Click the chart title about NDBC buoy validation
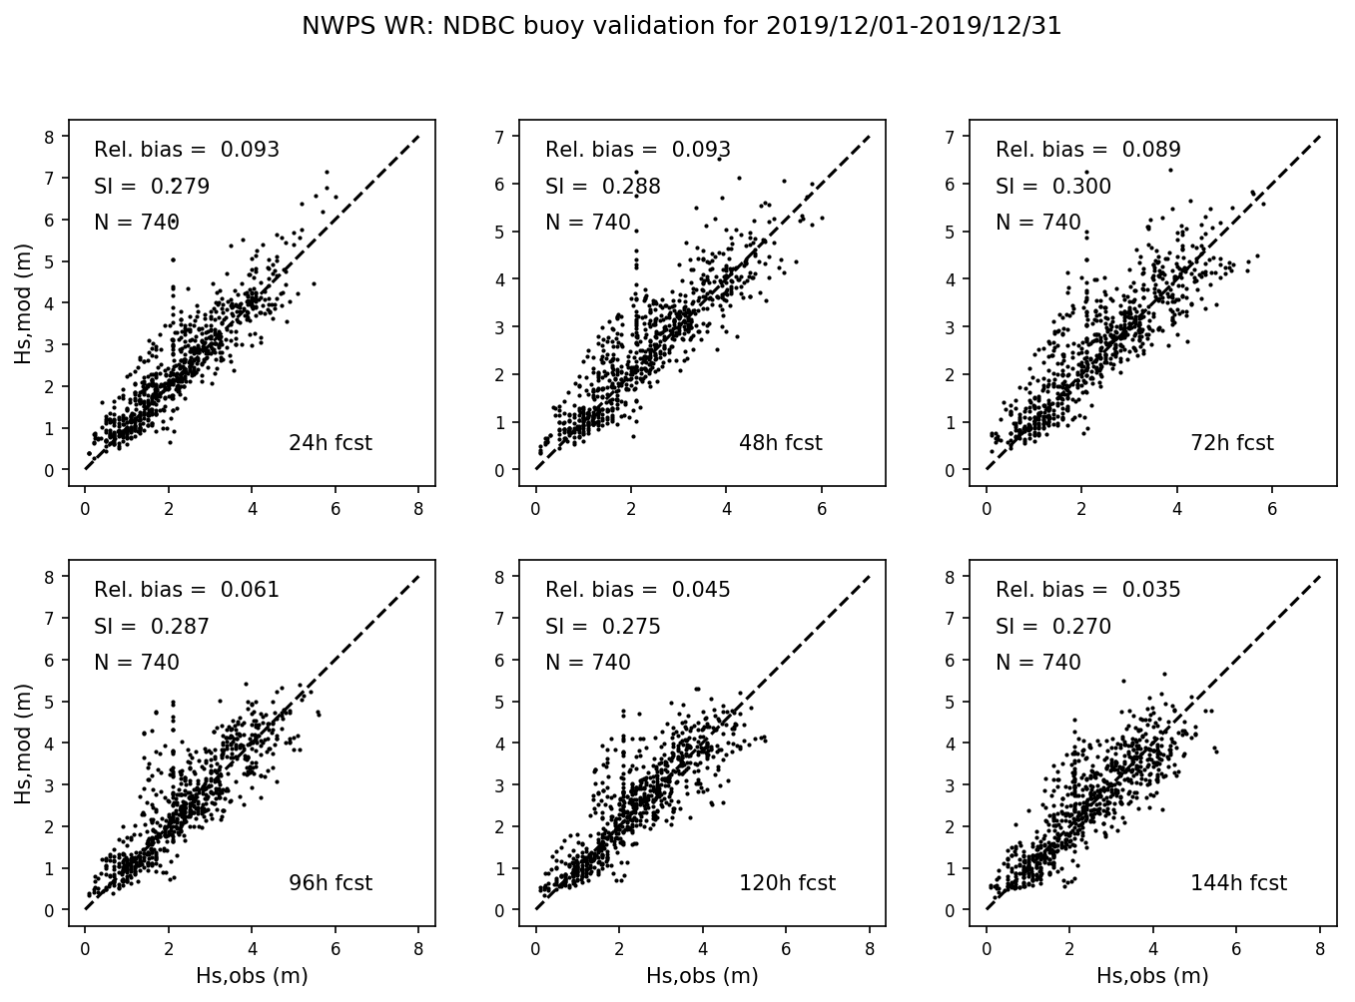pyautogui.click(x=681, y=26)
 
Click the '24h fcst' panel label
pyautogui.click(x=330, y=443)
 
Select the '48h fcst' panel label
pyautogui.click(x=780, y=443)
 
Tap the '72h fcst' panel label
pyautogui.click(x=1231, y=443)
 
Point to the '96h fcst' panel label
pyautogui.click(x=330, y=883)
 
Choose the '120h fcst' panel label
pyautogui.click(x=787, y=883)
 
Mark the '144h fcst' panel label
pyautogui.click(x=1238, y=883)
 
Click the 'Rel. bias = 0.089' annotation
pyautogui.click(x=1087, y=150)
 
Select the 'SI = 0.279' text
pyautogui.click(x=152, y=187)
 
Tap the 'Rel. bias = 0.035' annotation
pyautogui.click(x=1087, y=590)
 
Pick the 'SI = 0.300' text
pyautogui.click(x=1052, y=187)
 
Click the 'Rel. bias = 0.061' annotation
pyautogui.click(x=187, y=590)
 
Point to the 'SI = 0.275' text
pyautogui.click(x=602, y=627)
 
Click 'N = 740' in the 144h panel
pyautogui.click(x=1038, y=663)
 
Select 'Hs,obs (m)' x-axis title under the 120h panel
pyautogui.click(x=702, y=976)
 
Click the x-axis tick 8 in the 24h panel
pyautogui.click(x=418, y=509)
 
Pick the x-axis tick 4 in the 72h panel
pyautogui.click(x=1176, y=509)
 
